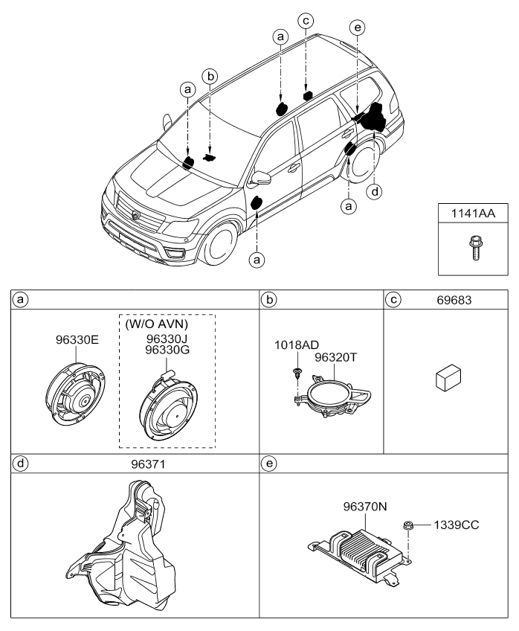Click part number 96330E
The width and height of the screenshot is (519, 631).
point(77,340)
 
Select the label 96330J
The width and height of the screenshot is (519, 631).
point(167,339)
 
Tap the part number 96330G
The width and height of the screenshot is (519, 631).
point(167,350)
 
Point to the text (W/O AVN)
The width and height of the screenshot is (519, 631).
point(157,324)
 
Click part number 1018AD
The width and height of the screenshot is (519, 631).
point(297,345)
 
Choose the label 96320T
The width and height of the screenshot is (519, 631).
point(335,357)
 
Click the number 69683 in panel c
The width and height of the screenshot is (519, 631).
point(454,300)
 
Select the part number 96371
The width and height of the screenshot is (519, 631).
point(148,464)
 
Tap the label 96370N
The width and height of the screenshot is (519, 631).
point(365,506)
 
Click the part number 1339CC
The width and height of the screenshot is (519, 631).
point(457,525)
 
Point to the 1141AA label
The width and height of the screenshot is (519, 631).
point(473,214)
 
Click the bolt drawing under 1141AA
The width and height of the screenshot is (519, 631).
point(475,249)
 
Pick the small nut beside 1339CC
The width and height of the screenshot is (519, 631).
point(407,525)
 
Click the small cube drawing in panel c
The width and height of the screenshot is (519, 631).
point(448,377)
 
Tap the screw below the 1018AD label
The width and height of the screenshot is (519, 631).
point(297,373)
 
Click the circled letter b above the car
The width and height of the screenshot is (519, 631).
point(210,76)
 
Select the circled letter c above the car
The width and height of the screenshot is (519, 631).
point(306,21)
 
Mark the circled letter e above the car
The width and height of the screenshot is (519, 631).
point(358,28)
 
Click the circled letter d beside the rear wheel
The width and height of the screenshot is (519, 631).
point(375,191)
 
